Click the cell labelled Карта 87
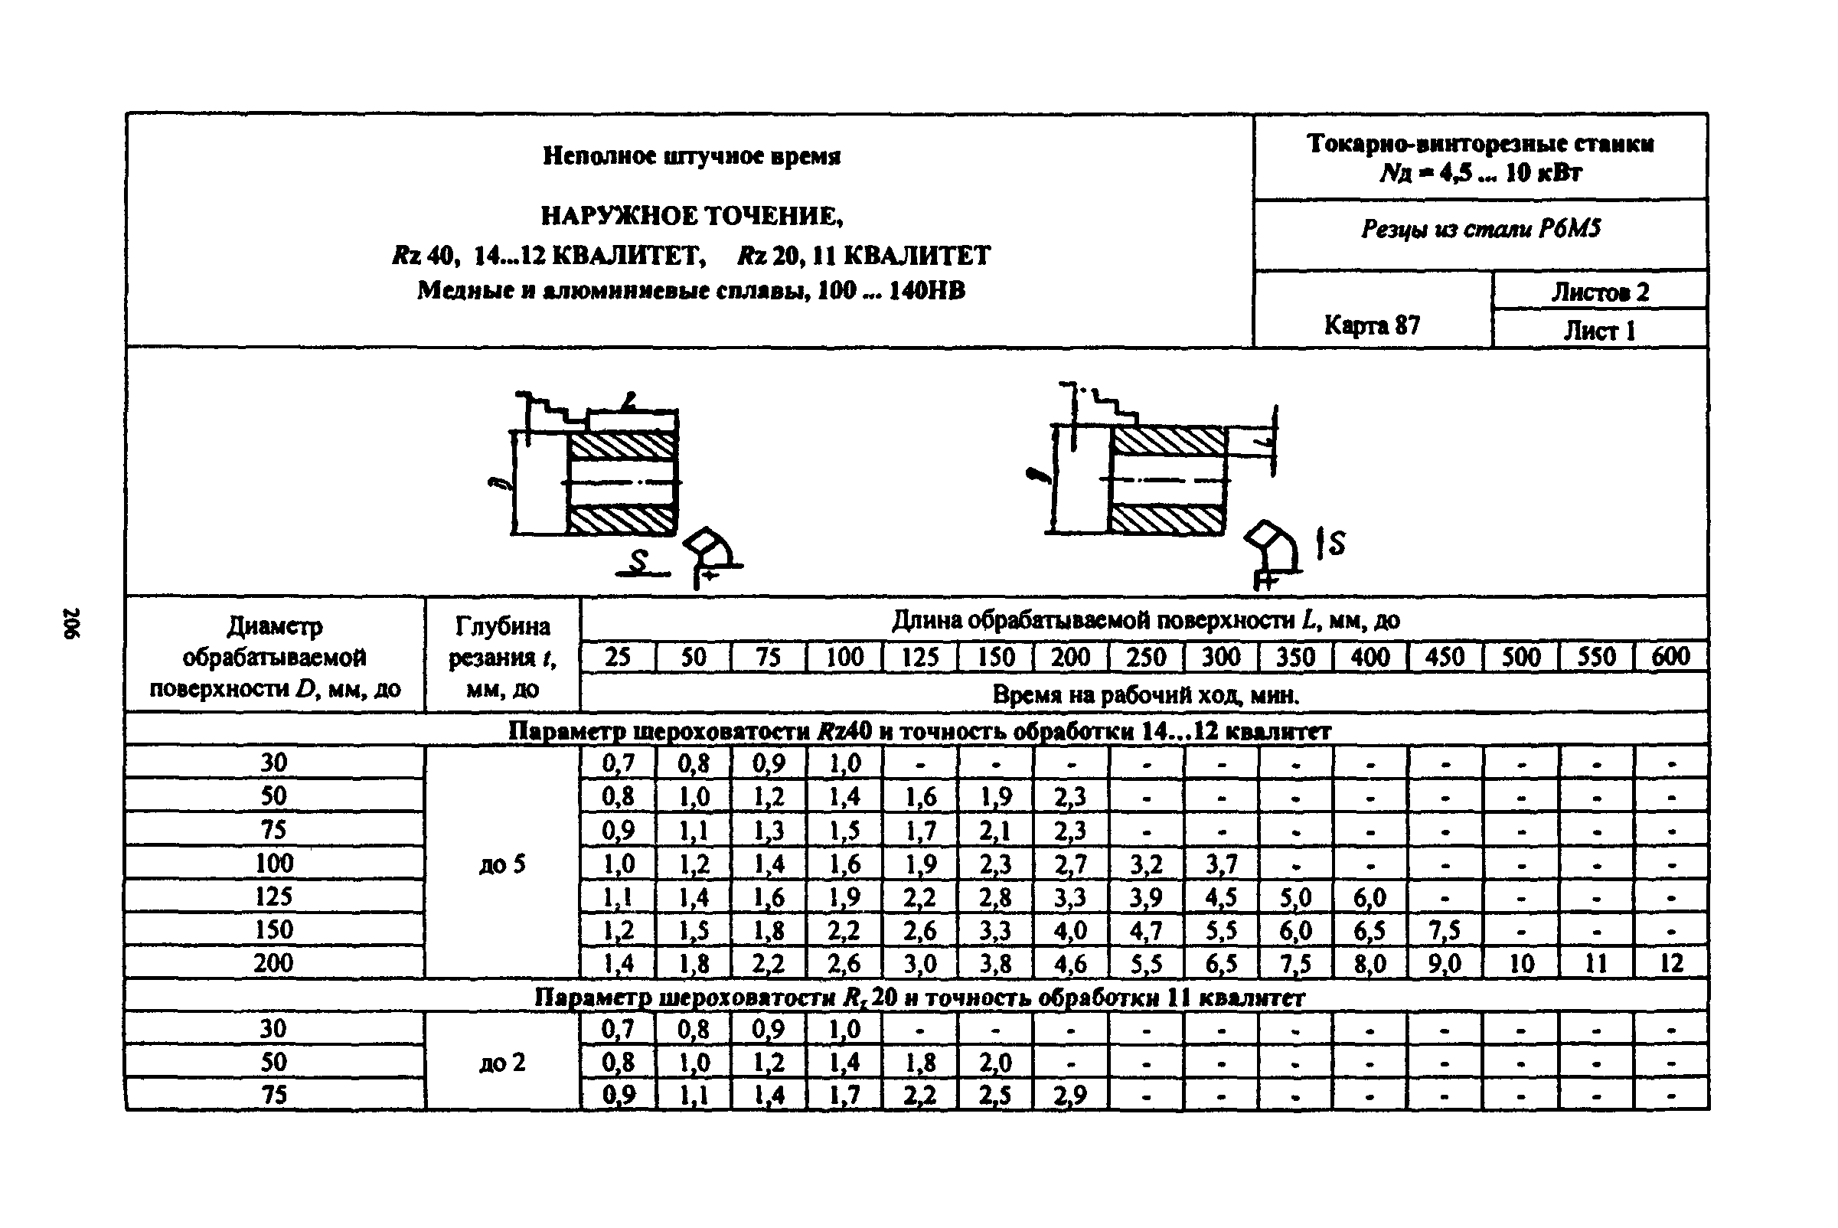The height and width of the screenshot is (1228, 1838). click(1371, 325)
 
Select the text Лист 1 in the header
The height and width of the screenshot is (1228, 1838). click(1599, 331)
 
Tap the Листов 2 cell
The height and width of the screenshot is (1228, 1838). click(1600, 292)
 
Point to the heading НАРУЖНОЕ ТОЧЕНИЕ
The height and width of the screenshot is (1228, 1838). click(691, 215)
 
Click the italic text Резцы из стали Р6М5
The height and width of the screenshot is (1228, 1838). click(1480, 229)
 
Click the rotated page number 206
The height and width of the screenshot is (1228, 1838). click(71, 622)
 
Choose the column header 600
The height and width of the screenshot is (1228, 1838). click(1670, 656)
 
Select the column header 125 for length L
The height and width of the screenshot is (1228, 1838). click(919, 656)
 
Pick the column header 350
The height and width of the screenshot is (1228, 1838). click(1295, 656)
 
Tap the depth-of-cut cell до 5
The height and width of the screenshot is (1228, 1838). click(502, 864)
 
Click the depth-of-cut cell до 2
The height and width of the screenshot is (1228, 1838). click(502, 1062)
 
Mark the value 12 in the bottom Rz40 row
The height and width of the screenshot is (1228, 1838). click(1671, 962)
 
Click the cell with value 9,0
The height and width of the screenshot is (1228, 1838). click(1445, 962)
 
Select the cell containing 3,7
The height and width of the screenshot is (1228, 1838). click(1221, 864)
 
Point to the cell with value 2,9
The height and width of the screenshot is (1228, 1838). click(1069, 1095)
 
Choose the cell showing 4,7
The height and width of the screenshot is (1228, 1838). click(1146, 929)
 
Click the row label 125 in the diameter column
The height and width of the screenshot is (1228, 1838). click(273, 896)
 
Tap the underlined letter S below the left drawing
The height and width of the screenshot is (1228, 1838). click(639, 560)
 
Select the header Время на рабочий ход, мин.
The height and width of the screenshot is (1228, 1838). click(1145, 694)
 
